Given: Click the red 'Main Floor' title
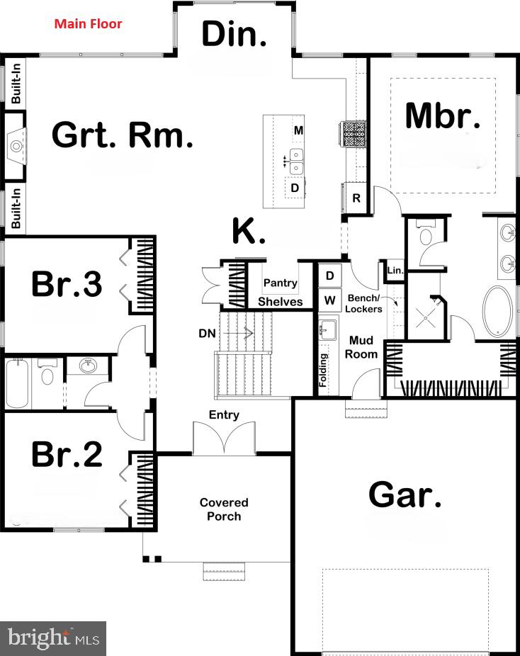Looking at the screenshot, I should click(89, 24).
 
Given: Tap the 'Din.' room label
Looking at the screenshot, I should click(234, 34).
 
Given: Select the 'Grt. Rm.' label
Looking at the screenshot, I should click(123, 135).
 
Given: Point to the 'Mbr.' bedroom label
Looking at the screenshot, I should click(443, 116).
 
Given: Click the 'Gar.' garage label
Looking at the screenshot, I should click(405, 495).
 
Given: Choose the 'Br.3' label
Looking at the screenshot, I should click(67, 284).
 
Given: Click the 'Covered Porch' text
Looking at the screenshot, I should click(224, 509).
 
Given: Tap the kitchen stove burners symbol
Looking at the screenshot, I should click(354, 133).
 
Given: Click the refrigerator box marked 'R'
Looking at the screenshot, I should click(356, 198).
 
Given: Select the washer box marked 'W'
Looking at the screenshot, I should click(329, 300).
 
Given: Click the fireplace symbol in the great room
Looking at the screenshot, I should click(16, 147).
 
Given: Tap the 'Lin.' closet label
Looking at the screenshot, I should click(395, 270).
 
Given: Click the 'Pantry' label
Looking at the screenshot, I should click(280, 283).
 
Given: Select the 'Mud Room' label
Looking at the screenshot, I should click(361, 347).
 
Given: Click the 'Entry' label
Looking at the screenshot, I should click(224, 414).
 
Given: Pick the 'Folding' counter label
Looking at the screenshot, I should click(324, 369).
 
